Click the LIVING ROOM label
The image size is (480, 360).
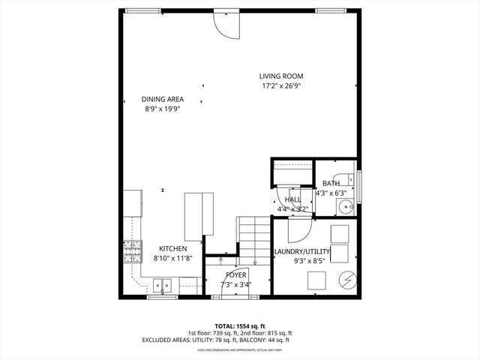click(281, 76)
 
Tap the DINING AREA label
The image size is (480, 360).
click(163, 99)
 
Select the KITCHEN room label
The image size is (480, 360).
click(172, 248)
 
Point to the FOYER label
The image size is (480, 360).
click(235, 275)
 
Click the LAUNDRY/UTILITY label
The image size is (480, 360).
click(302, 251)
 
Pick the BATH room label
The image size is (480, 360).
click(331, 184)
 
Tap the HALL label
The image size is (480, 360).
click(292, 199)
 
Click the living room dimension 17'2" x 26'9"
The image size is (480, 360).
click(281, 85)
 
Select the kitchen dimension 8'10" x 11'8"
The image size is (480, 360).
click(172, 258)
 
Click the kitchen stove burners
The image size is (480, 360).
click(133, 251)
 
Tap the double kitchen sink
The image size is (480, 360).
click(163, 285)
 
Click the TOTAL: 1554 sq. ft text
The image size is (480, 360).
click(239, 326)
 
